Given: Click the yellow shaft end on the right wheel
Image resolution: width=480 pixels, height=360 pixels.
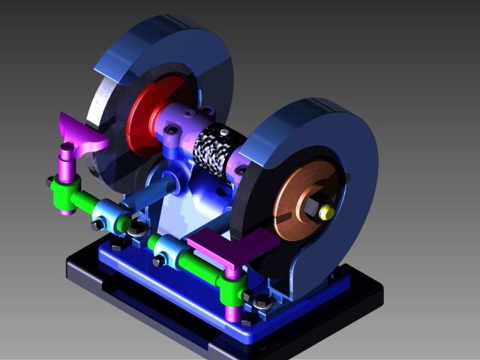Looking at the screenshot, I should pyautogui.click(x=326, y=212).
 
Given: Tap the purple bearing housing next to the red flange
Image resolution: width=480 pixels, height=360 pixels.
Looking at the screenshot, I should pyautogui.click(x=180, y=120).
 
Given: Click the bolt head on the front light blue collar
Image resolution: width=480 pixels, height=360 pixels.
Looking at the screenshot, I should pyautogui.click(x=158, y=261).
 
